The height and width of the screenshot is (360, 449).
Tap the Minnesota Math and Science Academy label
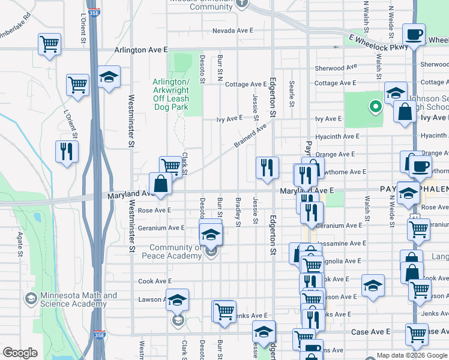click(79, 300)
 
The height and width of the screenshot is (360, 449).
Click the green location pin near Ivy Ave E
click(376, 107)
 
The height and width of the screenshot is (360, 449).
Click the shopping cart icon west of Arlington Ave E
click(49, 44)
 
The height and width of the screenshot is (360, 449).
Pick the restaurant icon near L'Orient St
click(67, 151)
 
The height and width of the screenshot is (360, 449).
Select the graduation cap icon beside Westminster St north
click(109, 77)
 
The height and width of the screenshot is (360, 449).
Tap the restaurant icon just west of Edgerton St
click(267, 167)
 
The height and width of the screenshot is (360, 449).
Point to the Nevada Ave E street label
click(233, 30)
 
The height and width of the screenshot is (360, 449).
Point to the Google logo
click(20, 352)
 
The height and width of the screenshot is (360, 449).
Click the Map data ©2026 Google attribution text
click(411, 355)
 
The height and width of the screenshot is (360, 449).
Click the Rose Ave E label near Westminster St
click(154, 210)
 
